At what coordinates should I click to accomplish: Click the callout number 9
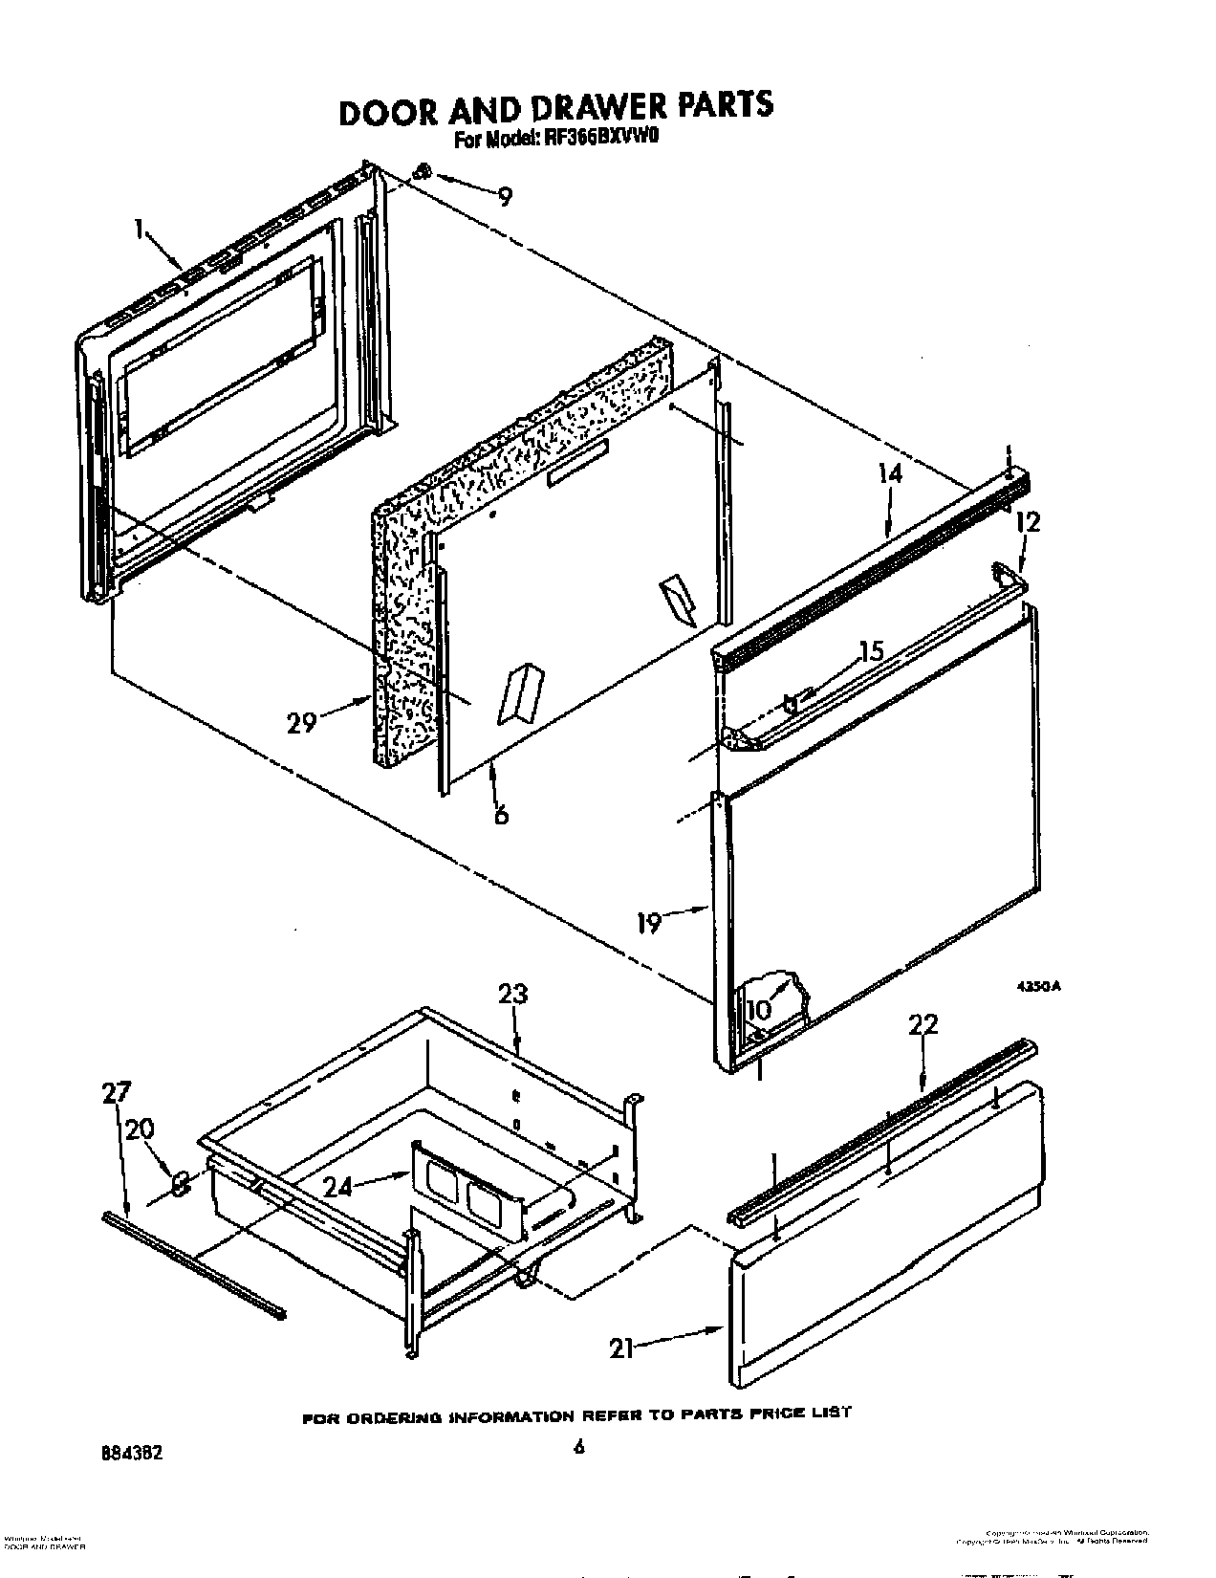[x=505, y=197]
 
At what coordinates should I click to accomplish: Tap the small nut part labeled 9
[x=423, y=172]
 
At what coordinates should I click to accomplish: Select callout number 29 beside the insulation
[x=301, y=723]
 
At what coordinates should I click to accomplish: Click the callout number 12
[x=1028, y=522]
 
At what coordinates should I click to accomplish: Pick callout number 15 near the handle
[x=869, y=652]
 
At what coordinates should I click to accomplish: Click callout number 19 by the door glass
[x=649, y=924]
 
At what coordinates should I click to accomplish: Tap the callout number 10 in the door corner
[x=758, y=1009]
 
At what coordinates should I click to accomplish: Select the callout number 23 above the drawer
[x=512, y=995]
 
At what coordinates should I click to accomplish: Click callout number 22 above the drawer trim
[x=923, y=1025]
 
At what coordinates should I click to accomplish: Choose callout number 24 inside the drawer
[x=341, y=1187]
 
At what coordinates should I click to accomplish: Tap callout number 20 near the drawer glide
[x=140, y=1130]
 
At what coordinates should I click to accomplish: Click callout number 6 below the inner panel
[x=501, y=813]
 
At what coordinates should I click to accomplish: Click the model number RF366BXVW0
[x=597, y=140]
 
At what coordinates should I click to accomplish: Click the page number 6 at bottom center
[x=578, y=1447]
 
